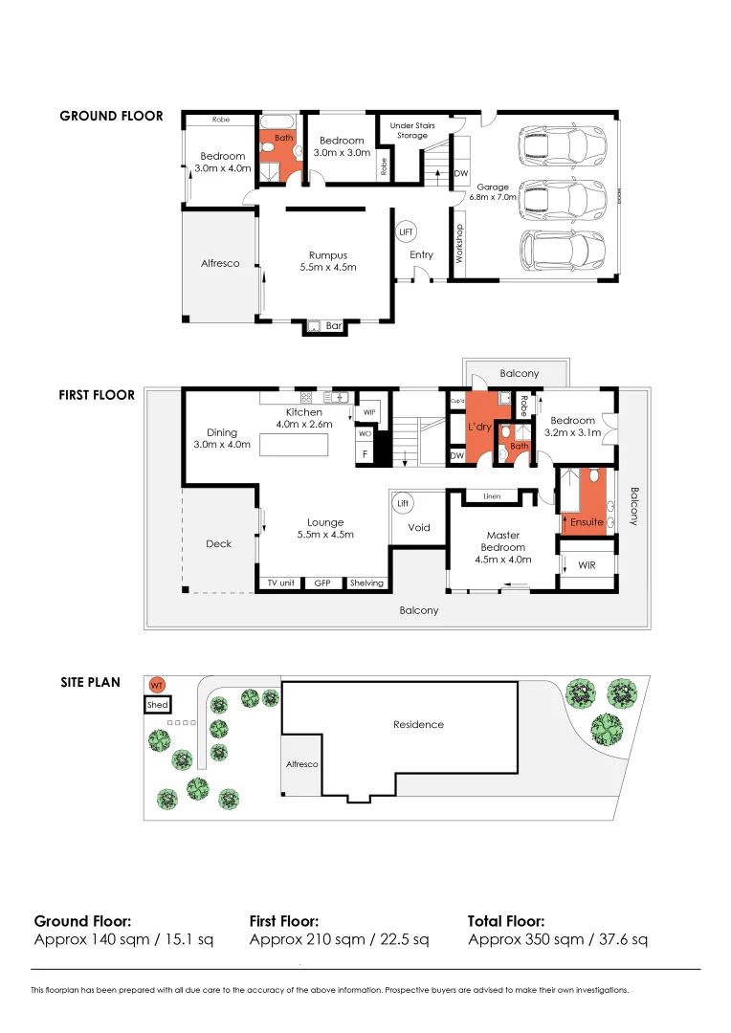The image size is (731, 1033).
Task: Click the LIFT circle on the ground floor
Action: [x=406, y=232]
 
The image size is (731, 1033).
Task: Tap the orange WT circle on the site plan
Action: [x=156, y=685]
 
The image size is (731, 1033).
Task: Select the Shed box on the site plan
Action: [x=157, y=705]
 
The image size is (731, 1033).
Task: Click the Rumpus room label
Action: [x=327, y=255]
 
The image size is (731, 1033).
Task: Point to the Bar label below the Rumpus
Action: [x=334, y=326]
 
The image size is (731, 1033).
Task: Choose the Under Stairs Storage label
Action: [x=412, y=130]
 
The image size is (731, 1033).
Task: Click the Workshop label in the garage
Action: [x=459, y=244]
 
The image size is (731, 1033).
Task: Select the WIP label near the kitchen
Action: [x=368, y=413]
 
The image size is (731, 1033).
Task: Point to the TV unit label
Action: [x=279, y=582]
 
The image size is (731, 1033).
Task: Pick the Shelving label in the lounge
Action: [x=366, y=582]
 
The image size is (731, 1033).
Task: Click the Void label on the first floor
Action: [x=419, y=527]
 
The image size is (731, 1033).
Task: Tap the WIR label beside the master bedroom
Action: [x=587, y=565]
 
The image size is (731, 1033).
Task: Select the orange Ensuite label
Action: [x=587, y=522]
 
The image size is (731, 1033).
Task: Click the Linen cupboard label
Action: [x=493, y=495]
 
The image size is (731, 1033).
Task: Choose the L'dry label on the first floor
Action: [x=478, y=427]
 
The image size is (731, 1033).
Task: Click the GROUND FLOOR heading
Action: [x=111, y=116]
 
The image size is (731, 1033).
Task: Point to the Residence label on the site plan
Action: [x=418, y=724]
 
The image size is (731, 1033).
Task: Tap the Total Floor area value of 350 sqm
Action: [x=557, y=939]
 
